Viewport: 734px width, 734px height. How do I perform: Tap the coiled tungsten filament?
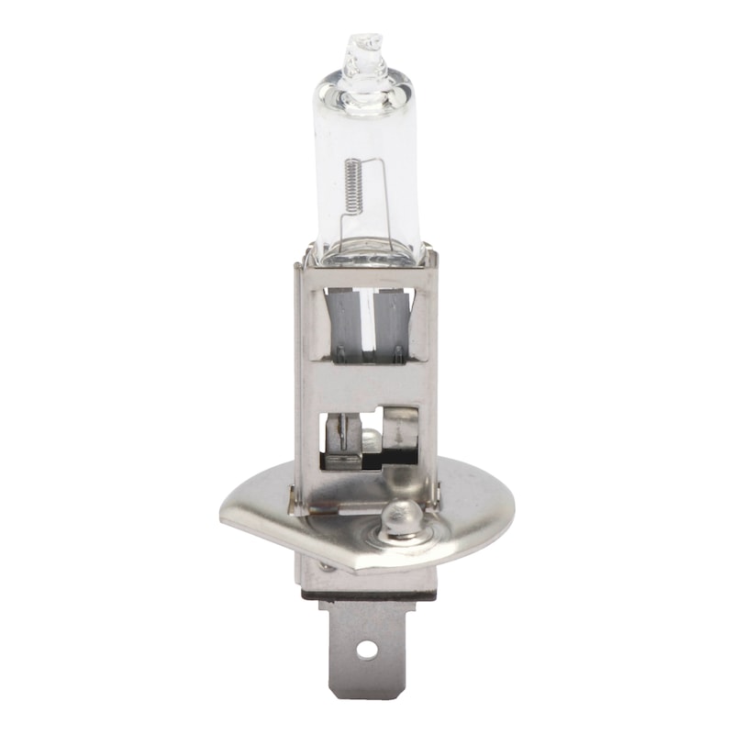pos(352,183)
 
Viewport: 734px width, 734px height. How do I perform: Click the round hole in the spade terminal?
pos(367,650)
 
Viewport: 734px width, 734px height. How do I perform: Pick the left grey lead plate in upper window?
pos(344,326)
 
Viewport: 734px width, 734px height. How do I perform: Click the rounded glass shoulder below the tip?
pos(364,87)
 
